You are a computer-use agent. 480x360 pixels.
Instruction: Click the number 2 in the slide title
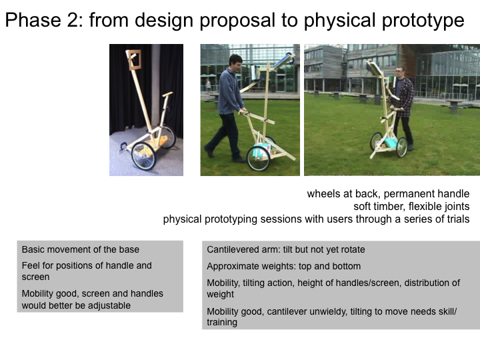click(x=73, y=20)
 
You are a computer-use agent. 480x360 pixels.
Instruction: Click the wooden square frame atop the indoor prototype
click(x=133, y=60)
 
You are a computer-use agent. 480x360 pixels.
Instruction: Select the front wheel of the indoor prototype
click(x=143, y=156)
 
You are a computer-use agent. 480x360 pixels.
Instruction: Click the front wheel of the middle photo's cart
click(x=259, y=159)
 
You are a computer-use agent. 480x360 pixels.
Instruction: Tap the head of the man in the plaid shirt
click(x=400, y=73)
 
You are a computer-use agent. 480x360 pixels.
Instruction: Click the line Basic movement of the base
click(x=81, y=249)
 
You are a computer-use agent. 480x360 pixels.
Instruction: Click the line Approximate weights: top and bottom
click(x=284, y=266)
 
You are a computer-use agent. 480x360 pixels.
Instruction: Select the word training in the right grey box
click(x=222, y=323)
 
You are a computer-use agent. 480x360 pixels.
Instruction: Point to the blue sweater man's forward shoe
click(x=209, y=151)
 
